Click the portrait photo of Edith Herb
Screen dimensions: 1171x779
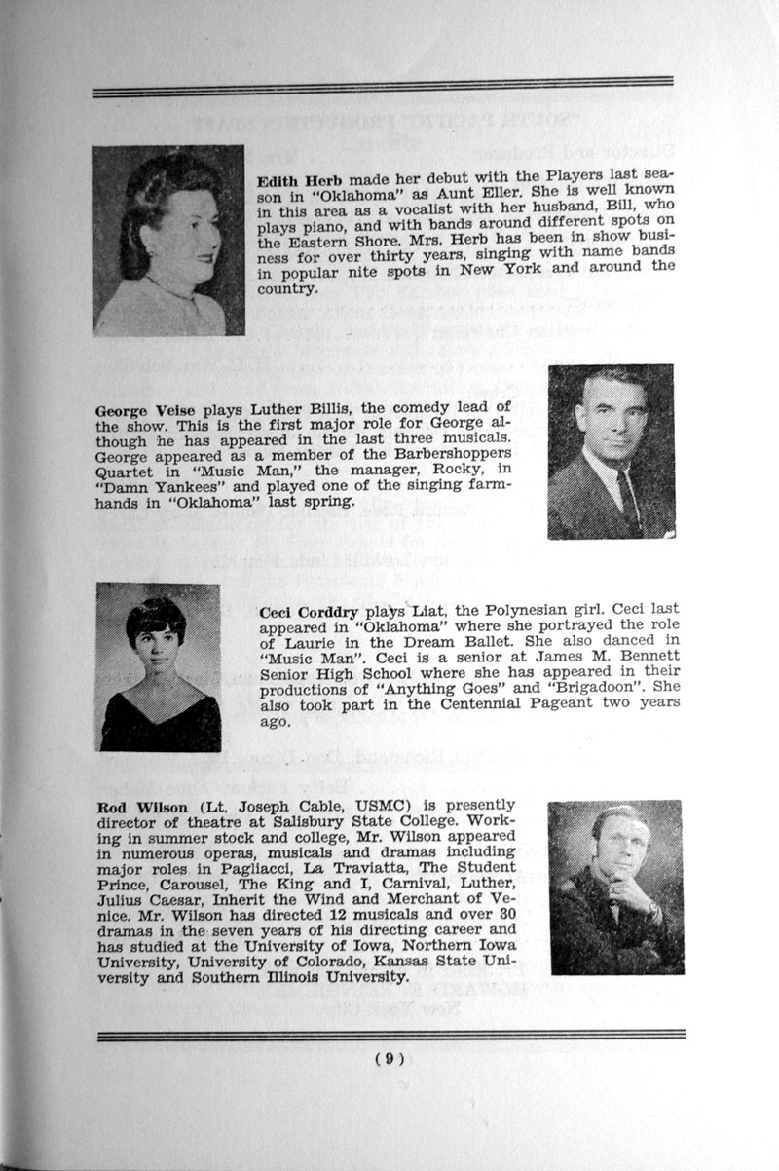[167, 240]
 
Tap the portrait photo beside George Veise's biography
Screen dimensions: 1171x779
[611, 451]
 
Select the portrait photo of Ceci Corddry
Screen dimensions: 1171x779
[159, 666]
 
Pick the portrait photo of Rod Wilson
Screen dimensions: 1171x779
[614, 888]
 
